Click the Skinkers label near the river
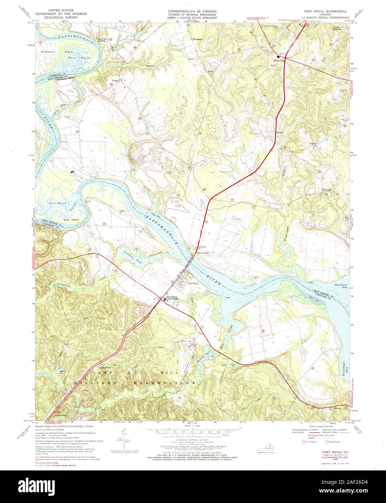[47, 52]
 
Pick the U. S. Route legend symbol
[304, 442]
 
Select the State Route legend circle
[327, 442]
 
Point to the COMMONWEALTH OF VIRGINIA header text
[192, 11]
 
